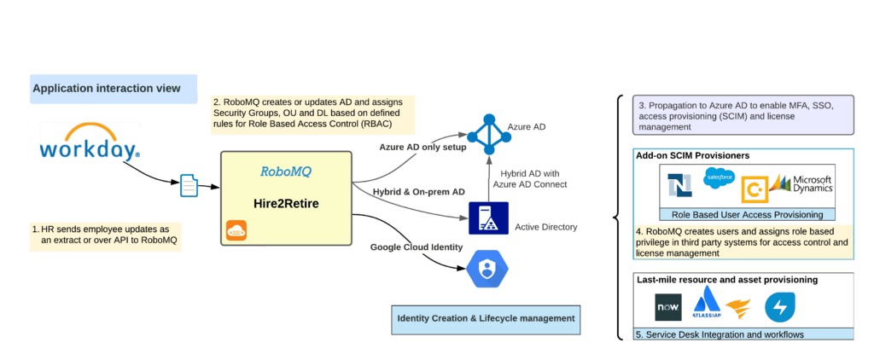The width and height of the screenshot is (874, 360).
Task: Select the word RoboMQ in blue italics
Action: [286, 171]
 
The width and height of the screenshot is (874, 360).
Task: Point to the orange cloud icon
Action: [236, 231]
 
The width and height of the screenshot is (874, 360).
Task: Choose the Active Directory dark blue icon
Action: [488, 218]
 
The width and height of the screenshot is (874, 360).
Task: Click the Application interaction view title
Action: [106, 88]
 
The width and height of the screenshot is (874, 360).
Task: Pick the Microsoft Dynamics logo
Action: [802, 183]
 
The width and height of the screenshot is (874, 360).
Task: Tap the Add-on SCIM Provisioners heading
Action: [692, 155]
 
